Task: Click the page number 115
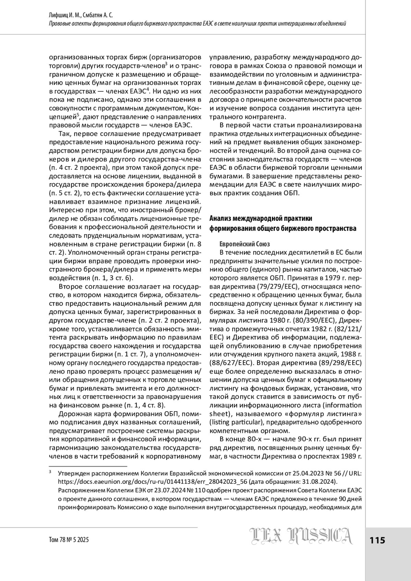(377, 541)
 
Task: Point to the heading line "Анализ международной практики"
(261, 218)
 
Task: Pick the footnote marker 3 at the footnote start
(50, 472)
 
